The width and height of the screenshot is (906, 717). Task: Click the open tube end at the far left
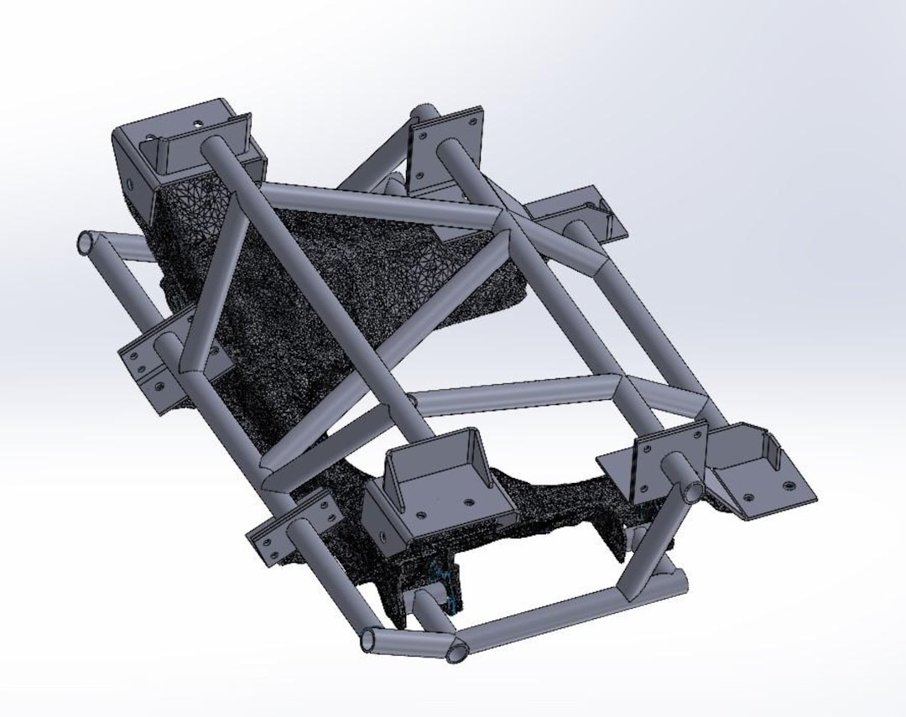tap(86, 243)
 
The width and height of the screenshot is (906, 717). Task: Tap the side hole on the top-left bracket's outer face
tap(131, 183)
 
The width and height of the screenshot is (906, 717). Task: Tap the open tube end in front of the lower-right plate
tap(691, 491)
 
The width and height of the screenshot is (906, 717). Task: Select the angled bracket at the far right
tap(759, 474)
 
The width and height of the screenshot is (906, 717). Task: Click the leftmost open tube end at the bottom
tap(370, 642)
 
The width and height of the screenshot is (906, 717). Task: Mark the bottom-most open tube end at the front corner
tap(457, 652)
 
